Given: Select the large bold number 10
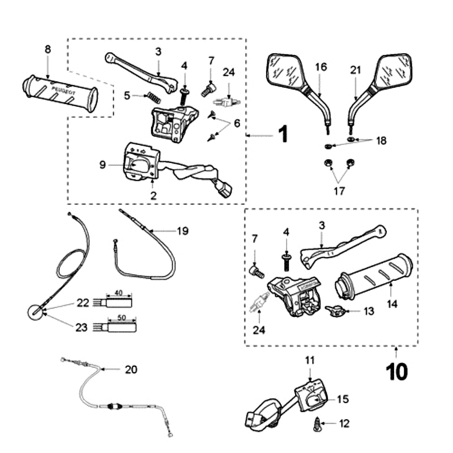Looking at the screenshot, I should tap(397, 372).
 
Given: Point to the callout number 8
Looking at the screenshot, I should tap(48, 49).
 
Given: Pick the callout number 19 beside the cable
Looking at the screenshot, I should tap(182, 231).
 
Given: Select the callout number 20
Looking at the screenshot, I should tap(131, 369).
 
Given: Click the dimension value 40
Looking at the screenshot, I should tap(118, 293).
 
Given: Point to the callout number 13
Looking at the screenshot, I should tap(369, 311).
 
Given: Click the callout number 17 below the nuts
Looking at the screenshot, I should tap(339, 191).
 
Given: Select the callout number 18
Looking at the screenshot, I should tap(381, 140).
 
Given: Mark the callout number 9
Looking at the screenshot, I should tap(102, 165).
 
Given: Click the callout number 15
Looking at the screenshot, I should tap(344, 399).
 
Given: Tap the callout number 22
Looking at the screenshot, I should tap(83, 303).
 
